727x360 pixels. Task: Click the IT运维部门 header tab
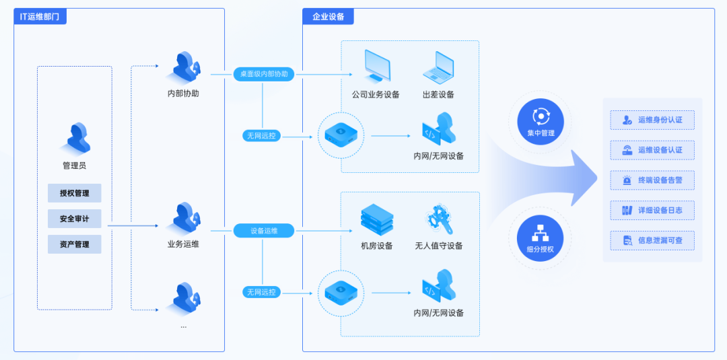point(40,17)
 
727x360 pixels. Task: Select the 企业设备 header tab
point(328,17)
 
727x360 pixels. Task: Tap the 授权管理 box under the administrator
point(74,193)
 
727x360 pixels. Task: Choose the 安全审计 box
point(74,219)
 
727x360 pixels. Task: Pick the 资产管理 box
point(74,244)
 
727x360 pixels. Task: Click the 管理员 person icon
point(75,138)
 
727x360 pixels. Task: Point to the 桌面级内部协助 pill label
point(263,74)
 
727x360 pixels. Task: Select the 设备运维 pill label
point(263,231)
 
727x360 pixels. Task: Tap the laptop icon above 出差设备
point(438,68)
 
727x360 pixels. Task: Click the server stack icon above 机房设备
point(376,219)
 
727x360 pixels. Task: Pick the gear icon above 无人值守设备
point(439,219)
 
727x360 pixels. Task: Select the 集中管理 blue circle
point(540,122)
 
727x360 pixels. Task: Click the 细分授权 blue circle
point(540,238)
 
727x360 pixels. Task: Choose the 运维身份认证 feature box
point(652,120)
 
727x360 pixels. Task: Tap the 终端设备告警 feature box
point(652,180)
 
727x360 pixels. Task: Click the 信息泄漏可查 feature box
point(652,240)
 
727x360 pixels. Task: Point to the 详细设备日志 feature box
point(652,211)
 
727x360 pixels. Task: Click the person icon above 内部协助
point(184,68)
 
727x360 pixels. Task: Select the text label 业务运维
point(183,244)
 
